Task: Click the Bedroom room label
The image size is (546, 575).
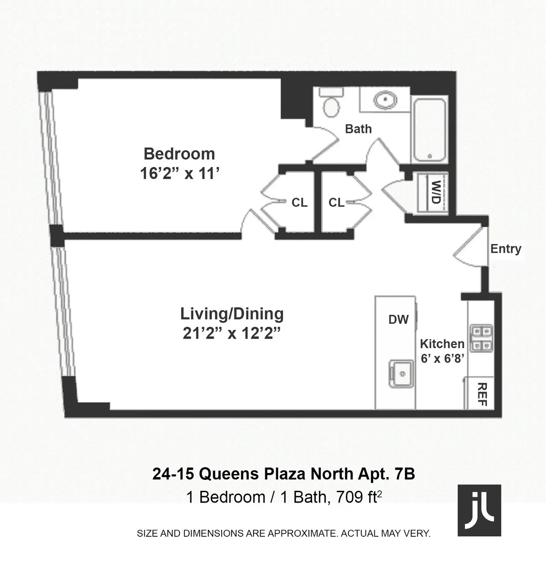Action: click(179, 154)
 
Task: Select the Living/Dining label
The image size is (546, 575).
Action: click(232, 314)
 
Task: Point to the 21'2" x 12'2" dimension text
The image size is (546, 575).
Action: click(231, 334)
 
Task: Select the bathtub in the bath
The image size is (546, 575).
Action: click(430, 129)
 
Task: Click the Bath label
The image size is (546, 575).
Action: click(358, 129)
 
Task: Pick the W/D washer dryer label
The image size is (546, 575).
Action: click(435, 193)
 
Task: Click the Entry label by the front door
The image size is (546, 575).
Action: click(506, 249)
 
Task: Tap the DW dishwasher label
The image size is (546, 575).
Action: click(399, 320)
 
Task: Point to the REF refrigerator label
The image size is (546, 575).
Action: click(483, 394)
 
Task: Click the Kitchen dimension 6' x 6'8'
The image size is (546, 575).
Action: click(442, 358)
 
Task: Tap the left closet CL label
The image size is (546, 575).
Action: click(299, 203)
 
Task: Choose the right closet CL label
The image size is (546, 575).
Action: click(337, 203)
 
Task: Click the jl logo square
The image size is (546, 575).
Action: click(479, 510)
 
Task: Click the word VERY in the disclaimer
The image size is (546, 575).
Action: click(416, 534)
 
